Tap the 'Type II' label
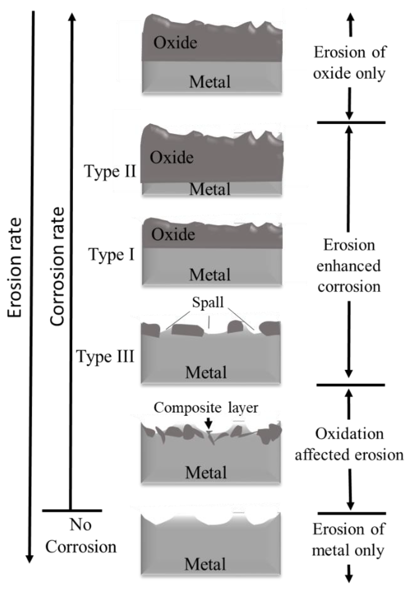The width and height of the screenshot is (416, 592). pyautogui.click(x=110, y=171)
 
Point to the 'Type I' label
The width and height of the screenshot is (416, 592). pyautogui.click(x=112, y=255)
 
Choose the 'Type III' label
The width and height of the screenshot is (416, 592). pyautogui.click(x=105, y=357)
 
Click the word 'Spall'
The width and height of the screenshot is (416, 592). pyautogui.click(x=208, y=302)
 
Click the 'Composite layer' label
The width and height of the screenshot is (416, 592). pyautogui.click(x=206, y=408)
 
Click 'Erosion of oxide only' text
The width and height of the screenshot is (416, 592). pyautogui.click(x=349, y=63)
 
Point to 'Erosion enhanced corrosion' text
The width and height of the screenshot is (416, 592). pyautogui.click(x=349, y=266)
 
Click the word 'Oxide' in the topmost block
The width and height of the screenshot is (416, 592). pyautogui.click(x=175, y=42)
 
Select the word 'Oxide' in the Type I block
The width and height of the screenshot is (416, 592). pyautogui.click(x=173, y=234)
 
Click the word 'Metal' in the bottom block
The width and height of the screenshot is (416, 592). pyautogui.click(x=205, y=564)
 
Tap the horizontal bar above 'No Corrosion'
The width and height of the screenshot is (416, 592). pyautogui.click(x=72, y=510)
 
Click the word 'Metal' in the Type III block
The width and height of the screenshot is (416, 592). pyautogui.click(x=206, y=373)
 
